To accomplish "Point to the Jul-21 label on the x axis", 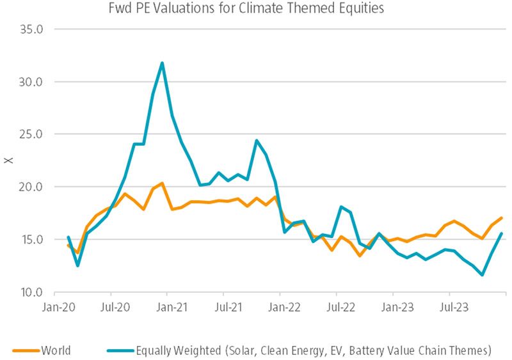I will (225, 306).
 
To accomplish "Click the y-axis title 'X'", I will (8, 160).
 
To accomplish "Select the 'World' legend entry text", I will (56, 350).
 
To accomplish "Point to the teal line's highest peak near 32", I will (162, 63).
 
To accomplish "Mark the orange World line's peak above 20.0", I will (162, 184).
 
